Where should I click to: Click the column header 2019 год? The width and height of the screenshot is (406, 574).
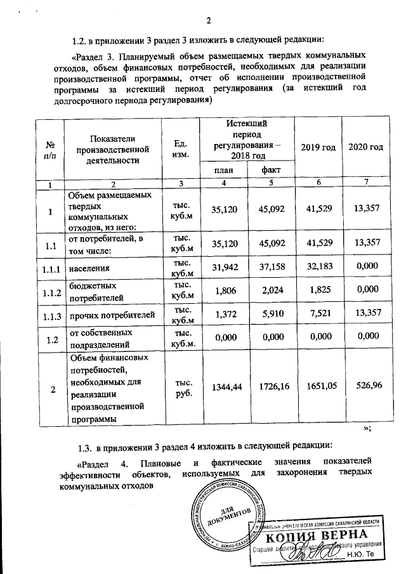[318, 147]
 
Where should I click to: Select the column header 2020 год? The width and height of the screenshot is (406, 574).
[366, 147]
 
